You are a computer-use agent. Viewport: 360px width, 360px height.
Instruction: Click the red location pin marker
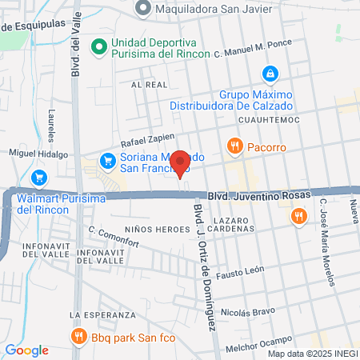coord(181,163)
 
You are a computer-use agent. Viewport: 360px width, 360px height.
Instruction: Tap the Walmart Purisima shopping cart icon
coord(38,178)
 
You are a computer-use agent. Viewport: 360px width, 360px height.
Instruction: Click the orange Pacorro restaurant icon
coord(234,146)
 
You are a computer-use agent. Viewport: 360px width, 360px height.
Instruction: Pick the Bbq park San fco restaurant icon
coord(78,336)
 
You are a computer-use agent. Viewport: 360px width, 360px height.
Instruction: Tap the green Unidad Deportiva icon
coord(99,46)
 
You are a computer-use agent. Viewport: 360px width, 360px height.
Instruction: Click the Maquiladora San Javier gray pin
coord(143,9)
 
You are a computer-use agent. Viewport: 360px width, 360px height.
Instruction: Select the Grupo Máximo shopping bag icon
coord(271,74)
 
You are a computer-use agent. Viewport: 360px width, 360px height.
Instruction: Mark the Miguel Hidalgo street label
coord(35,152)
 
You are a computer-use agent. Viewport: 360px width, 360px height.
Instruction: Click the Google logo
coord(26,350)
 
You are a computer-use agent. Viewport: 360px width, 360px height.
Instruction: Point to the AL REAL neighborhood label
coord(147,83)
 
